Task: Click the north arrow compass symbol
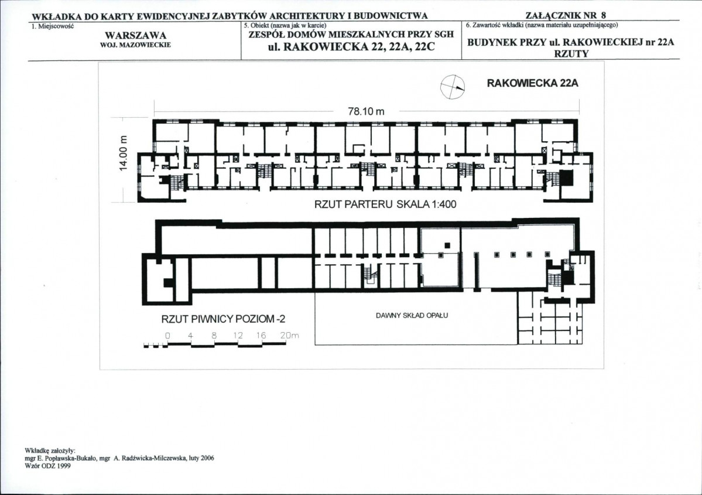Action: click(452, 87)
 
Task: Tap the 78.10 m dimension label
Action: click(366, 111)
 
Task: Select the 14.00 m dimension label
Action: click(125, 152)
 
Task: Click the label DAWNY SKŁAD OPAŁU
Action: click(412, 315)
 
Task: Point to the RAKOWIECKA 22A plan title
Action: click(532, 83)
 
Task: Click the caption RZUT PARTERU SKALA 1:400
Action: click(385, 204)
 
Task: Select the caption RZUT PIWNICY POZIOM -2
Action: click(223, 319)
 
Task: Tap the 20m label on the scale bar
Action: click(290, 335)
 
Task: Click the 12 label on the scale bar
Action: click(238, 335)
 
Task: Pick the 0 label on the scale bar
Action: click(167, 335)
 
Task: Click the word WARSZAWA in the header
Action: click(135, 35)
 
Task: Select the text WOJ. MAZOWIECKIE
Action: click(135, 45)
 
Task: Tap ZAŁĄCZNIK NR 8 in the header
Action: click(566, 16)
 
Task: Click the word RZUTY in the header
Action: click(571, 54)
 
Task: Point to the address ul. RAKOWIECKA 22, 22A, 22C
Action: click(351, 47)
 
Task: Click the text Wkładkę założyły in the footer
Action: click(50, 450)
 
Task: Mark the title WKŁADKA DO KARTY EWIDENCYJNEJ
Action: click(121, 16)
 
